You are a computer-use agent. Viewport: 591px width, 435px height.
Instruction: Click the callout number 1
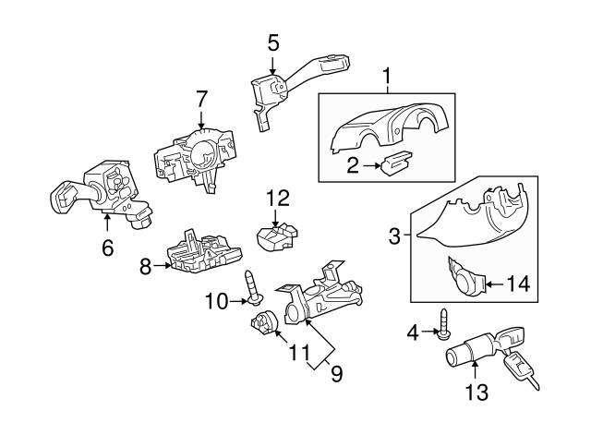point(388,73)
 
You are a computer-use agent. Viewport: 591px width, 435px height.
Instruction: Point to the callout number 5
point(272,42)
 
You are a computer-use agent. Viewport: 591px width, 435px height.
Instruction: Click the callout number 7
point(202,97)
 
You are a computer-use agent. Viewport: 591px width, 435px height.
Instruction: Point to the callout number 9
point(336,374)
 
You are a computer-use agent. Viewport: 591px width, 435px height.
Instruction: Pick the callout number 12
point(278,197)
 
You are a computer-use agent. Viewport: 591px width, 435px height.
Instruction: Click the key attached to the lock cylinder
point(519,368)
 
